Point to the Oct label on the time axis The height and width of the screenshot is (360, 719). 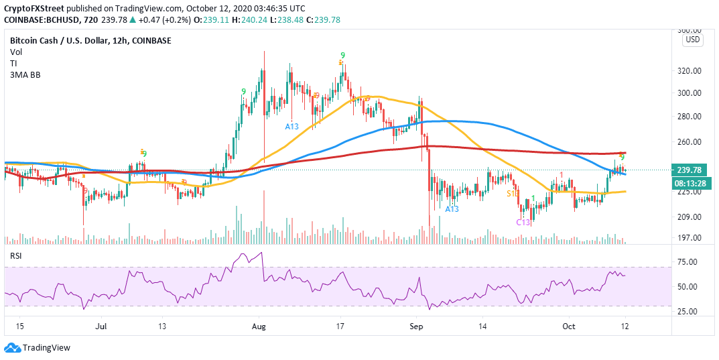[568, 326]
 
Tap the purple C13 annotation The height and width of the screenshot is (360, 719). [523, 222]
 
